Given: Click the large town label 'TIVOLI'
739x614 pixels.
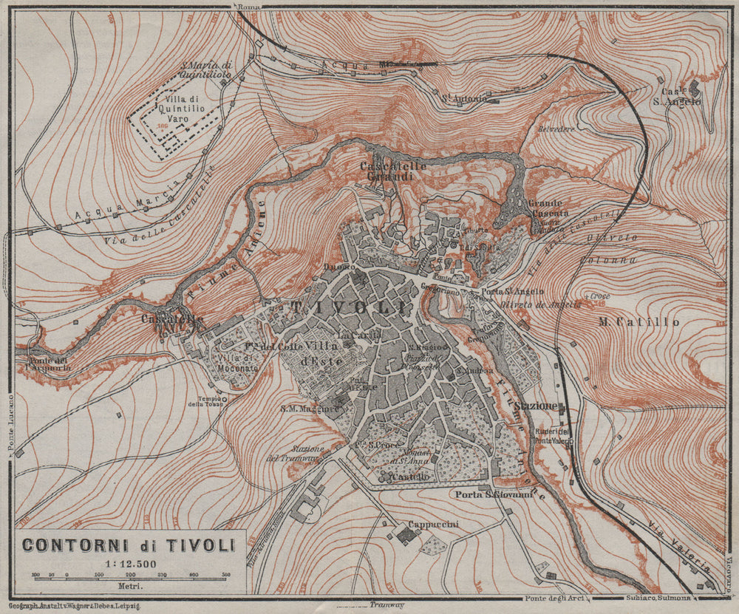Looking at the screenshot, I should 348,308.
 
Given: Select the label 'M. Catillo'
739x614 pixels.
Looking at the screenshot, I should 639,322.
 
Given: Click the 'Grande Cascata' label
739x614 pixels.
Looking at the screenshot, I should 546,208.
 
